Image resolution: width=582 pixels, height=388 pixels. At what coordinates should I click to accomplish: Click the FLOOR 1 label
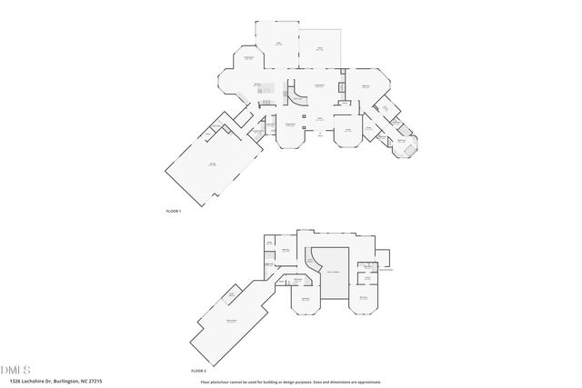[174, 211]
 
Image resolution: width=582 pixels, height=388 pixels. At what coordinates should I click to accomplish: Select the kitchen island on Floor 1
[270, 92]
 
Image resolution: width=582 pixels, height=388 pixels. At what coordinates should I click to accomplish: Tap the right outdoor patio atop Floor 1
[318, 50]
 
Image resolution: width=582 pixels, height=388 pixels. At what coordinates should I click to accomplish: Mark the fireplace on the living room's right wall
[341, 88]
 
